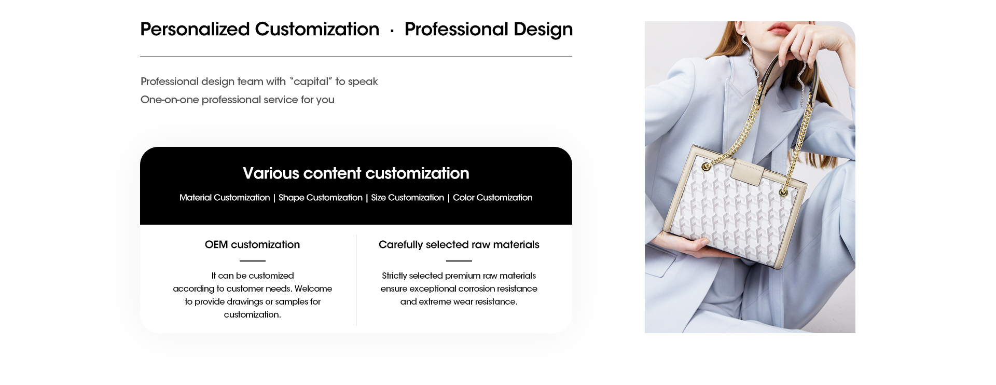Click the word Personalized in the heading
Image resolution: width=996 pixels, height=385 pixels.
[195, 30]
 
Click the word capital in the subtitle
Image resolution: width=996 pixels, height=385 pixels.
[312, 81]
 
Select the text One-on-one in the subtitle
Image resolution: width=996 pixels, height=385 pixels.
[170, 100]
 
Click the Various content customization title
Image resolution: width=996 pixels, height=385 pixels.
[356, 173]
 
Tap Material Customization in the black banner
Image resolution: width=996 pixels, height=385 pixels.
[225, 198]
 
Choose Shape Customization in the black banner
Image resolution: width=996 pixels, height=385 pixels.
[321, 198]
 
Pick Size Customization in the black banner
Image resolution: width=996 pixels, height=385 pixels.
[408, 198]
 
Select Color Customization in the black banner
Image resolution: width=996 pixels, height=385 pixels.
[493, 198]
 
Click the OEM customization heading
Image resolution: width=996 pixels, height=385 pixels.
[252, 244]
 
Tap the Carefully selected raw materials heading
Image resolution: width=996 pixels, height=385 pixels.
[459, 245]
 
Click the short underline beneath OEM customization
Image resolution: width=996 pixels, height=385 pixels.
[253, 261]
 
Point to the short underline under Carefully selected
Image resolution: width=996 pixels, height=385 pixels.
[459, 261]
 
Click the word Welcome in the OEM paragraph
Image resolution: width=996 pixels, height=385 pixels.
[313, 288]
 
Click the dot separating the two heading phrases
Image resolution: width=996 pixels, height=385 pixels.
[392, 31]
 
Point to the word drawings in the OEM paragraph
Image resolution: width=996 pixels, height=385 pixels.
[245, 301]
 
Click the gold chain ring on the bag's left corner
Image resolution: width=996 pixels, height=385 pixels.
[706, 167]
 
